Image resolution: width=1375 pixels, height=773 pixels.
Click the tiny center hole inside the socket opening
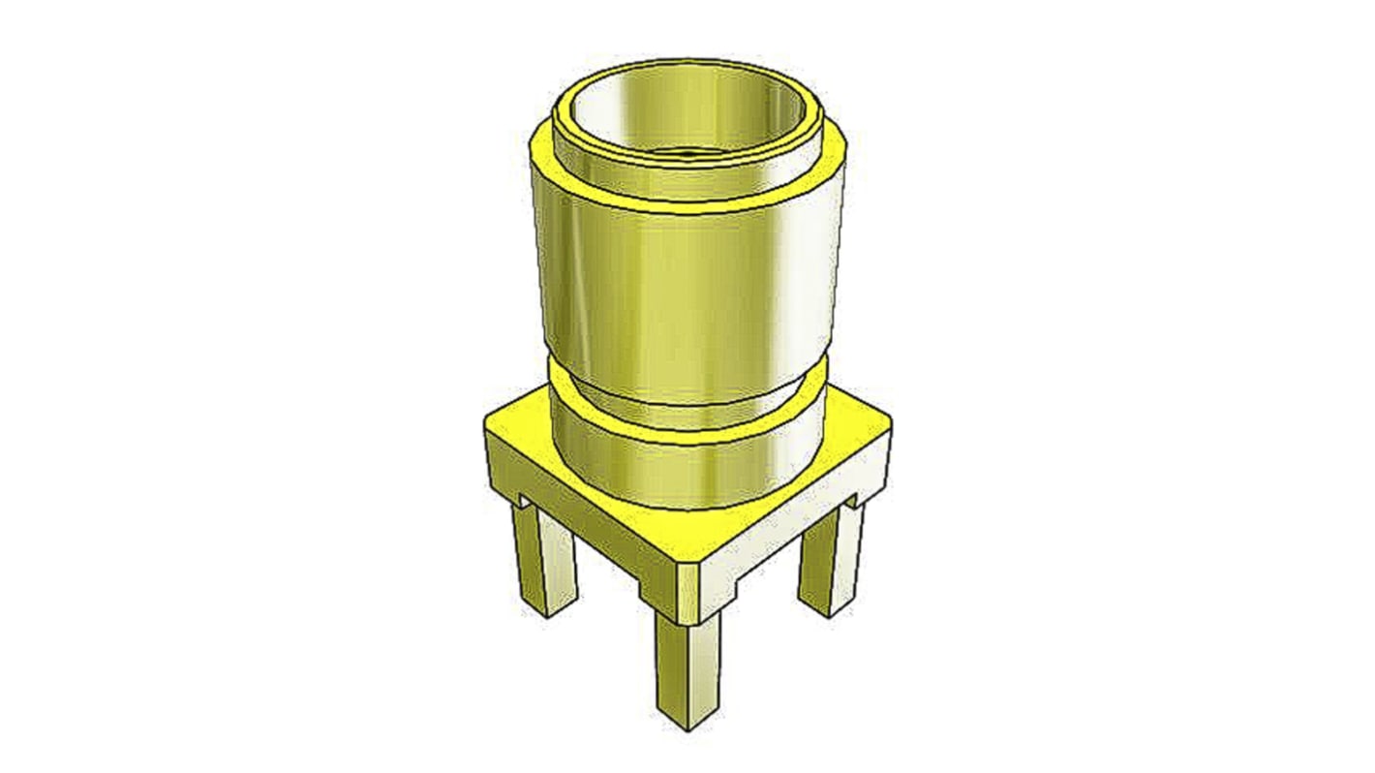click(687, 152)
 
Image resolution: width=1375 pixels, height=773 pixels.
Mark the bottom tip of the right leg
click(823, 610)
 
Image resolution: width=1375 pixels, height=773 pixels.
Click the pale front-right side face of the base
click(794, 542)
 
